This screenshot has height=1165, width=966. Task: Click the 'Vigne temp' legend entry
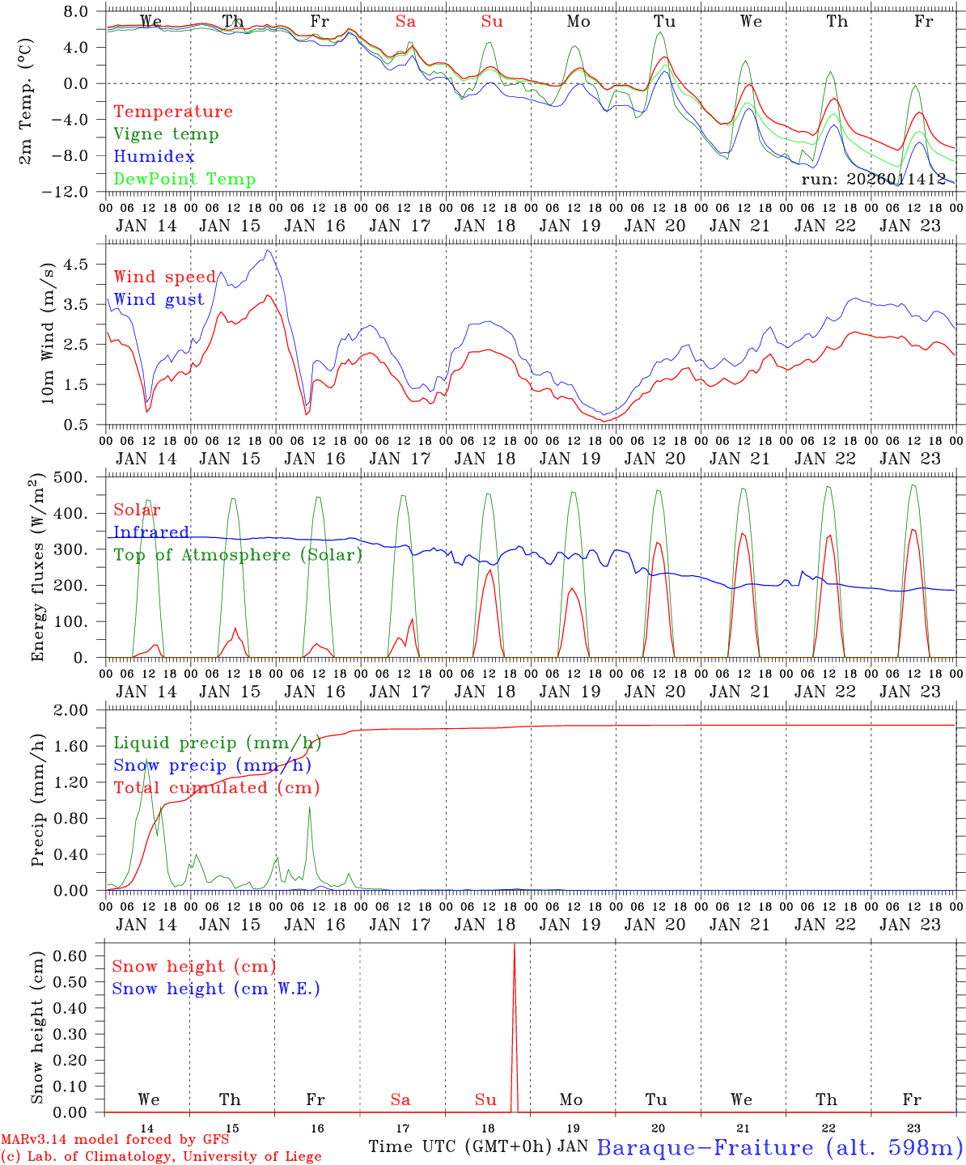point(166,134)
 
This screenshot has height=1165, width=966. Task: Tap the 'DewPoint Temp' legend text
point(184,180)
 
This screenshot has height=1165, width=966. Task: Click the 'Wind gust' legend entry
point(159,299)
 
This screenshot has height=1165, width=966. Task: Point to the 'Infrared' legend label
point(151,532)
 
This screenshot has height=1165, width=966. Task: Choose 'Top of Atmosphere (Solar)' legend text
point(238,555)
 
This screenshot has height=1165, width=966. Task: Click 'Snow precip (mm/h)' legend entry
point(213,765)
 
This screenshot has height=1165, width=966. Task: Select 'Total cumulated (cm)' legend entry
point(216,788)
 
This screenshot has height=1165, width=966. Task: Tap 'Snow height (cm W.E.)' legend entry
point(216,989)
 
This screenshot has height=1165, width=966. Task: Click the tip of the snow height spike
point(514,944)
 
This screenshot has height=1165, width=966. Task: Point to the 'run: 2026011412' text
point(874,180)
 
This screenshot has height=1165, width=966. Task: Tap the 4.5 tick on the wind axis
point(81,265)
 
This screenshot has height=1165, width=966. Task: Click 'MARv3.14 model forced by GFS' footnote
point(115,1140)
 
